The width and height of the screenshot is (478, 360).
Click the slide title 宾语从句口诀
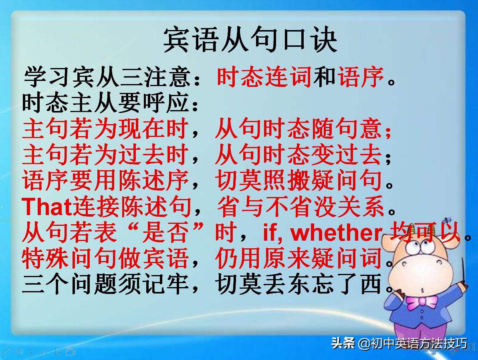click(250, 40)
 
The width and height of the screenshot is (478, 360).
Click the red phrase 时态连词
click(264, 77)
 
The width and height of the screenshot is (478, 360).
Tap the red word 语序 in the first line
click(361, 77)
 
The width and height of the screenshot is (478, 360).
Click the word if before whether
click(272, 233)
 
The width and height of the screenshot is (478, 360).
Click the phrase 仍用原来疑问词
click(298, 259)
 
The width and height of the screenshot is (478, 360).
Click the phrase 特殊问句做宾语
click(105, 259)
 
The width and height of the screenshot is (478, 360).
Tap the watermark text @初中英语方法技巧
click(412, 344)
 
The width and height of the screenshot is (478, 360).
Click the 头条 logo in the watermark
click(343, 344)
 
